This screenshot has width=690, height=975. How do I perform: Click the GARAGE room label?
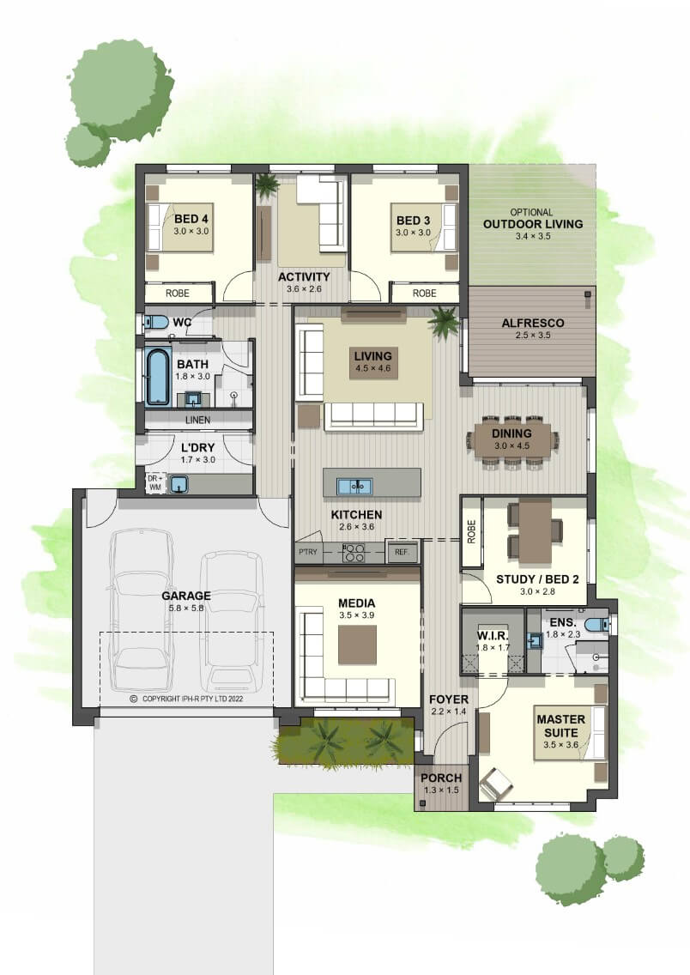click(x=186, y=595)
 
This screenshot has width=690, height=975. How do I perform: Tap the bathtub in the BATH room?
click(x=158, y=376)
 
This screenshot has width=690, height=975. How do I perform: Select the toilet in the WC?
click(x=156, y=322)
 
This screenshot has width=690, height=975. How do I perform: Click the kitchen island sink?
click(x=354, y=486)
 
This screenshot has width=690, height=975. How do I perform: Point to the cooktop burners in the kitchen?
click(x=354, y=553)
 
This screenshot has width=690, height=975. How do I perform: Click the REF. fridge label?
click(x=402, y=552)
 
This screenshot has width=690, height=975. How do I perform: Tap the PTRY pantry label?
click(x=308, y=552)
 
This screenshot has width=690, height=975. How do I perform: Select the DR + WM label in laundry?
click(x=154, y=482)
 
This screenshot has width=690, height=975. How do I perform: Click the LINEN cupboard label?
click(x=197, y=420)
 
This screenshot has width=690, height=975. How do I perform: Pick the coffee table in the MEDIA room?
click(x=357, y=645)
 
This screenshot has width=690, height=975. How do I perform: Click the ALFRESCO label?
click(x=533, y=323)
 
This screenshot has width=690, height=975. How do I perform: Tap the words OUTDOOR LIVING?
click(x=533, y=224)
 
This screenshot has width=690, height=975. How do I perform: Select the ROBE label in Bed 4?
click(x=177, y=293)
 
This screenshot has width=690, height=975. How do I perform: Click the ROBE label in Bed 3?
click(x=425, y=293)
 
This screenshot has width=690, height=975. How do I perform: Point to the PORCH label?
click(x=441, y=778)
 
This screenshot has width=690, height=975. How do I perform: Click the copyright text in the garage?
click(x=186, y=699)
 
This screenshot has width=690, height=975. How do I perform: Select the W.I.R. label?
click(x=493, y=636)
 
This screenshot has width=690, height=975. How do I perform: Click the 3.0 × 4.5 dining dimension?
click(x=511, y=445)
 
